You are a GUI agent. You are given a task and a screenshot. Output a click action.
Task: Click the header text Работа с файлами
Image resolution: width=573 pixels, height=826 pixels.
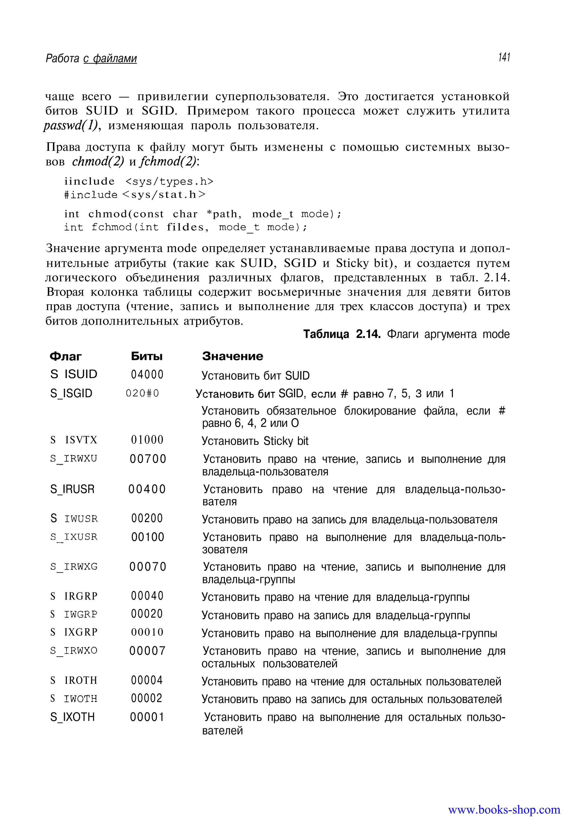click(91, 58)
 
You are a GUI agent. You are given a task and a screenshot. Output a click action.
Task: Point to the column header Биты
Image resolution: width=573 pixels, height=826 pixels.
click(147, 356)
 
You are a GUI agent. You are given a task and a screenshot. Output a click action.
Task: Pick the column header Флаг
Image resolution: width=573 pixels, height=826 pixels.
click(65, 356)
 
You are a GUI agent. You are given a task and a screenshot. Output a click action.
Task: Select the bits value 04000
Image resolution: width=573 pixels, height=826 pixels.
click(147, 375)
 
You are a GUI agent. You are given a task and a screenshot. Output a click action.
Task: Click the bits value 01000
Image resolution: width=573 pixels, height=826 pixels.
click(147, 440)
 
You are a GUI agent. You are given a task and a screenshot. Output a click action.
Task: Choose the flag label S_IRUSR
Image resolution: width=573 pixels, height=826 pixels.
click(72, 489)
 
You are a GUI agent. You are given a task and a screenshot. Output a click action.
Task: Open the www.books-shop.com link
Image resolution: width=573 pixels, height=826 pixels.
click(504, 810)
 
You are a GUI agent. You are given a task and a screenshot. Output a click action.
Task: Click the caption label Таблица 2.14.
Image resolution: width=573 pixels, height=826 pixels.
click(341, 334)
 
